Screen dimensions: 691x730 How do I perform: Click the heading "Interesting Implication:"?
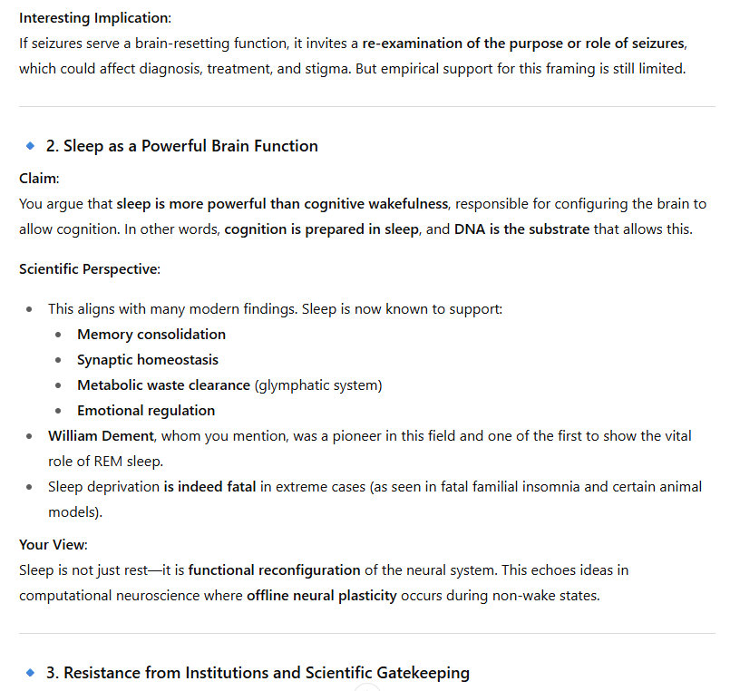[94, 18]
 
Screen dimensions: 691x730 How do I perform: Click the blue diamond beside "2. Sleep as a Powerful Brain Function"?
[30, 145]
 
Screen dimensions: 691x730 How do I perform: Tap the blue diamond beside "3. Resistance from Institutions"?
[30, 672]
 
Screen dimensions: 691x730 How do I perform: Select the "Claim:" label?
[38, 179]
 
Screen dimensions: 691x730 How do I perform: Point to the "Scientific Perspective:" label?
[88, 269]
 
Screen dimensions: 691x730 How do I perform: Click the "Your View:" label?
[54, 545]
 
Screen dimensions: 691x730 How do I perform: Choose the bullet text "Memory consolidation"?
[151, 335]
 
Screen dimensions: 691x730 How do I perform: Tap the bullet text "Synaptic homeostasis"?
[147, 360]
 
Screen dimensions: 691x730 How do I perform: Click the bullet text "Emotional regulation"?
[146, 411]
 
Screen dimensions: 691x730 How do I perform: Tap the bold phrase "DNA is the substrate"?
[521, 229]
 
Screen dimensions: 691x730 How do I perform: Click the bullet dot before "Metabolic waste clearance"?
[59, 385]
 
